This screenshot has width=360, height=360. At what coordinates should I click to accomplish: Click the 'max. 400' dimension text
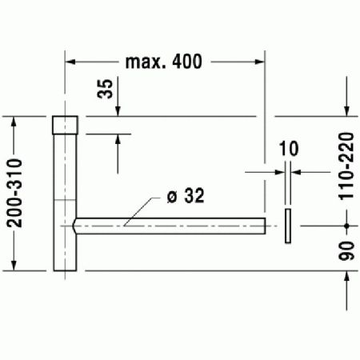(164, 62)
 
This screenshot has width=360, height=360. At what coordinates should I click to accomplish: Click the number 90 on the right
(346, 249)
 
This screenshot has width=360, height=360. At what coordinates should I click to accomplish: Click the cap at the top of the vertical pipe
(65, 126)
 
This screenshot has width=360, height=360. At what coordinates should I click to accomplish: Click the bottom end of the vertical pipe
(65, 268)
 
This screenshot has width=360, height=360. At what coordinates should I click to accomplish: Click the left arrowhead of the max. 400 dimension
(70, 62)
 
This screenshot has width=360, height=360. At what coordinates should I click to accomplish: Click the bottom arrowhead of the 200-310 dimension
(15, 265)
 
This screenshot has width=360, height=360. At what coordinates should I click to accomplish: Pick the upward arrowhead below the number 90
(346, 277)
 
